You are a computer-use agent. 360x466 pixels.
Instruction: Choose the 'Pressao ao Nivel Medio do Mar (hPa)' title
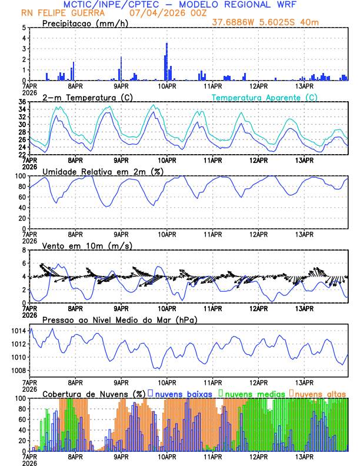pyautogui.click(x=119, y=319)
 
